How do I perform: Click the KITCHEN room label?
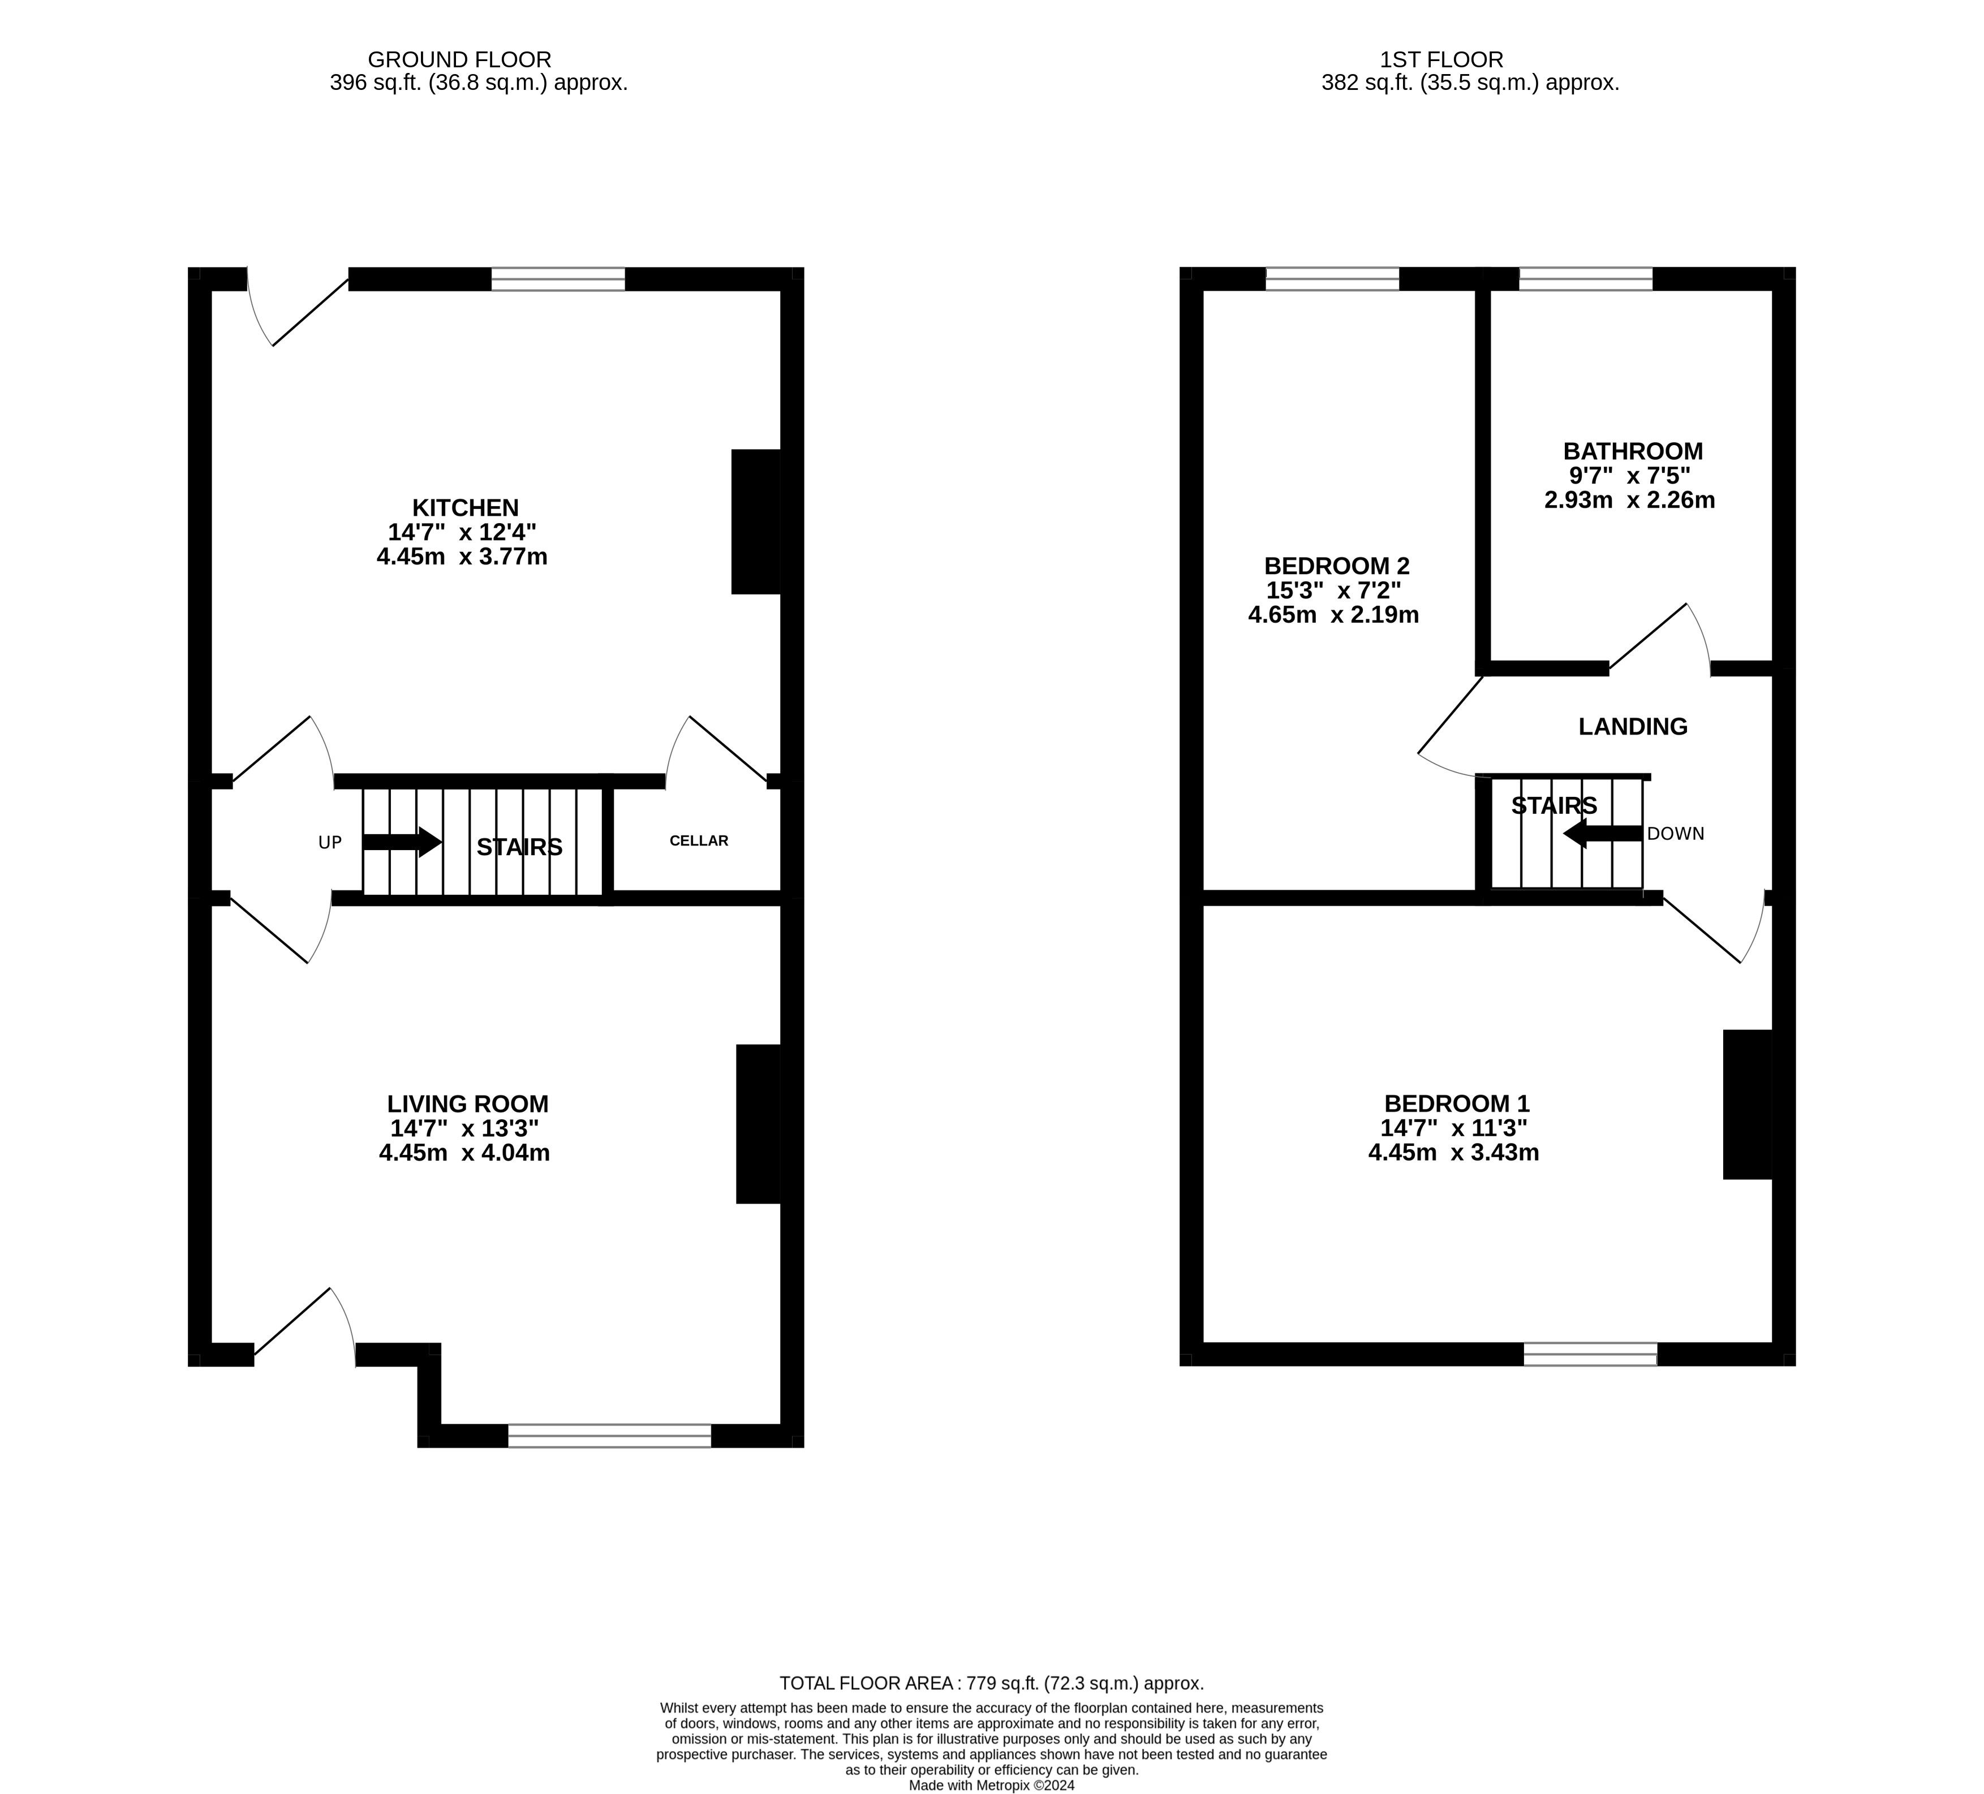point(466,508)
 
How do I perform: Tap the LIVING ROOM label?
point(467,1104)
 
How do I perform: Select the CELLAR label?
point(699,840)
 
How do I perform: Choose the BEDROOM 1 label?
point(1457,1104)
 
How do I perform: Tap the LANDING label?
point(1633,726)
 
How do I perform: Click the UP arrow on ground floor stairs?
point(402,842)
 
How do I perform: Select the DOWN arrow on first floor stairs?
point(1602,834)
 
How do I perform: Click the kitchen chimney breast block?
point(756,521)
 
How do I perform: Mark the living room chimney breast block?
point(759,1124)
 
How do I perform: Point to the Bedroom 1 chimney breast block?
point(1748,1104)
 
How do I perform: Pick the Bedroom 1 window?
point(1590,1354)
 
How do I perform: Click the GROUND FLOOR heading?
point(459,60)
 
